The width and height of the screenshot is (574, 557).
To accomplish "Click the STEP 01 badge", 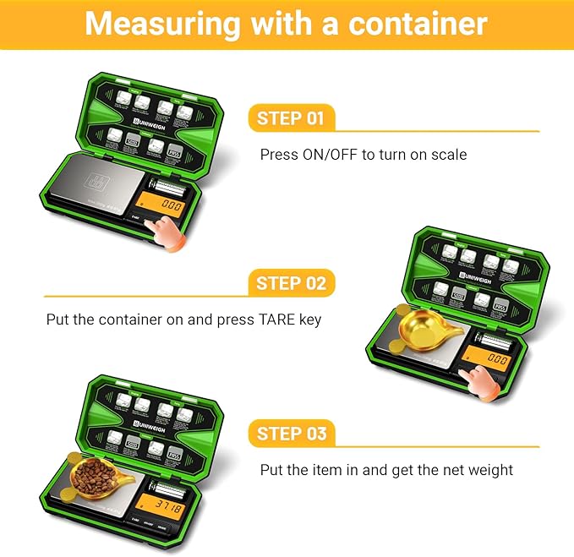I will point(291,117).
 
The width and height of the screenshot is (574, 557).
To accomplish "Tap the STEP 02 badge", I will point(291,283).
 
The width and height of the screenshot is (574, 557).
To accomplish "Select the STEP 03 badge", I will point(291,434).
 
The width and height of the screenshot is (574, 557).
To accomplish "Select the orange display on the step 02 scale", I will point(489,358).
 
